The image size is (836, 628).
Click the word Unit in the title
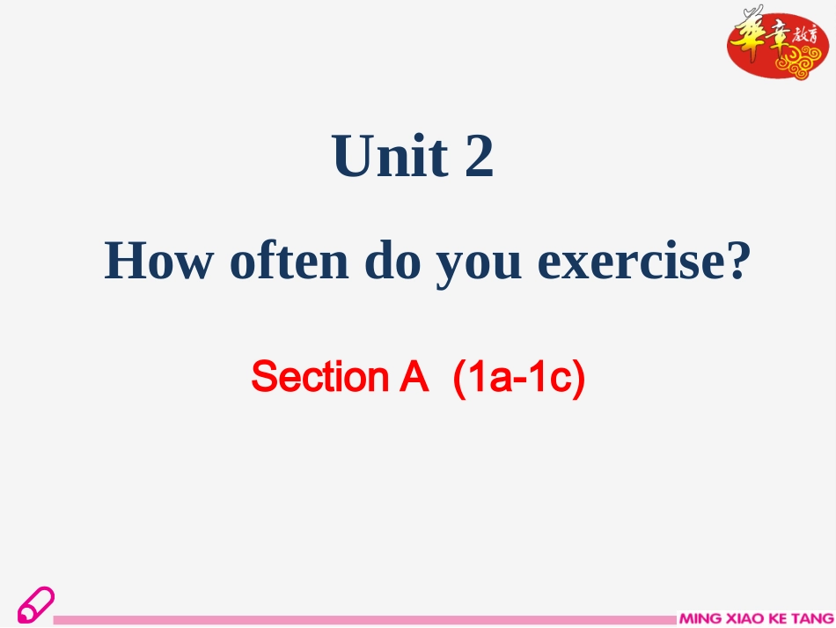[390, 155]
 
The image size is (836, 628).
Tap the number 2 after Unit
[479, 155]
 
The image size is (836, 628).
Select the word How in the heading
[158, 261]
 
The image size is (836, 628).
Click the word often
[289, 261]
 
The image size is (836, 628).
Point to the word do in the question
[392, 261]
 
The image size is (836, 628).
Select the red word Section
[320, 377]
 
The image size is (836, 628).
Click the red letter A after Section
[414, 377]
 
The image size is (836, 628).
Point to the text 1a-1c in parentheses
[519, 377]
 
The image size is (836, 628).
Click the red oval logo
[777, 45]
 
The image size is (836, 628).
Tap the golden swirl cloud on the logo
[800, 63]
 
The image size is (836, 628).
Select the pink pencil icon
[36, 605]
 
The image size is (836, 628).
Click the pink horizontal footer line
[364, 619]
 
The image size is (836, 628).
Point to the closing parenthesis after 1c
[579, 378]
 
